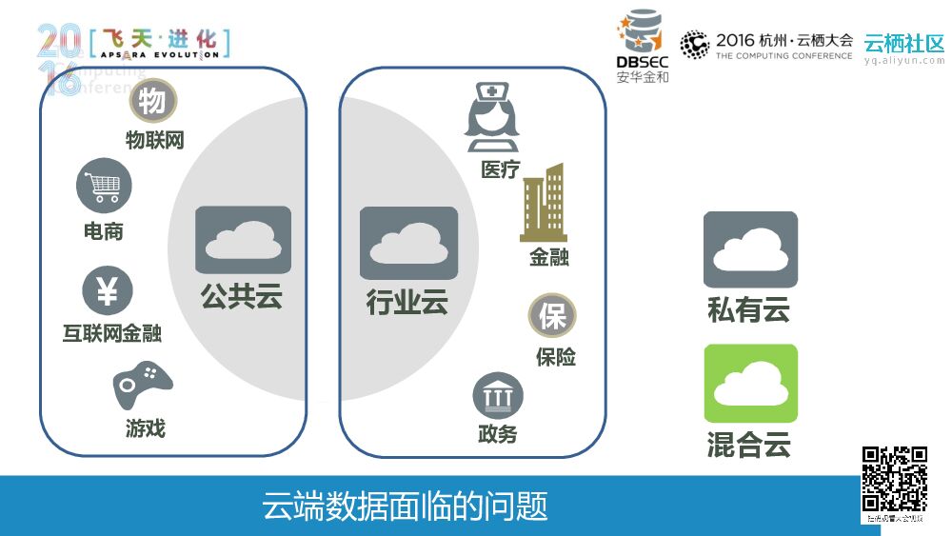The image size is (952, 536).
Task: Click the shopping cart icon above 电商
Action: click(104, 186)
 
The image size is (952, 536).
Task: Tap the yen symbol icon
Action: click(108, 290)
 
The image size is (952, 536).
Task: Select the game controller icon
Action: click(143, 383)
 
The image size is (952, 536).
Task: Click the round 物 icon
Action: click(153, 101)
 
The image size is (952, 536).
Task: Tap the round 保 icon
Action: click(552, 317)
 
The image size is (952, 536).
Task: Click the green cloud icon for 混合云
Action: click(750, 384)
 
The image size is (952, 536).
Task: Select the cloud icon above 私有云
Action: click(750, 249)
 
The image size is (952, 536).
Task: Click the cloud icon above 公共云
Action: click(243, 240)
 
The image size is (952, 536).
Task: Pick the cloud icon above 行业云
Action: click(408, 243)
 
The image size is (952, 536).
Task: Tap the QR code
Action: click(895, 480)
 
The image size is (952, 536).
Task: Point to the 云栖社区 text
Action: click(903, 44)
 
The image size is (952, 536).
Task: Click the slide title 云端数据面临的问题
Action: click(406, 506)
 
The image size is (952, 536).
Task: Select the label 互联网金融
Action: click(111, 333)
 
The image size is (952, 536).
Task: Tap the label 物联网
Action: click(155, 141)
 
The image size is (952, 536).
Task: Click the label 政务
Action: click(498, 434)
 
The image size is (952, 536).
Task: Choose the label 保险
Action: click(555, 358)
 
